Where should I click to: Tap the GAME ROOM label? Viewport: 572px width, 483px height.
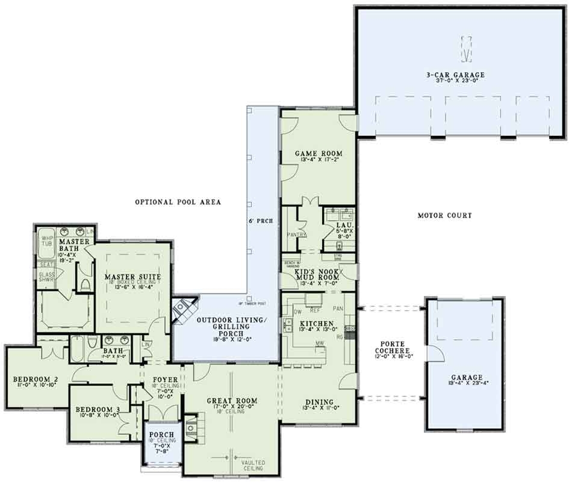point(311,154)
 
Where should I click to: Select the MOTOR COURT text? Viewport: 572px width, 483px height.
point(444,215)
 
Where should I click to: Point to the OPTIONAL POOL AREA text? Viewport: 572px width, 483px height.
point(178,202)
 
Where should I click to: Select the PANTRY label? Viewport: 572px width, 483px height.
point(297,235)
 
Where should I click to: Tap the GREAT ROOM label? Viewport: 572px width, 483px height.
point(232,401)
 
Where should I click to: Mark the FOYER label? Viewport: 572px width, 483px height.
point(164,380)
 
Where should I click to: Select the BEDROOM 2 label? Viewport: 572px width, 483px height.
point(35,379)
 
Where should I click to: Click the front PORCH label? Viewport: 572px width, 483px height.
point(162,435)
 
